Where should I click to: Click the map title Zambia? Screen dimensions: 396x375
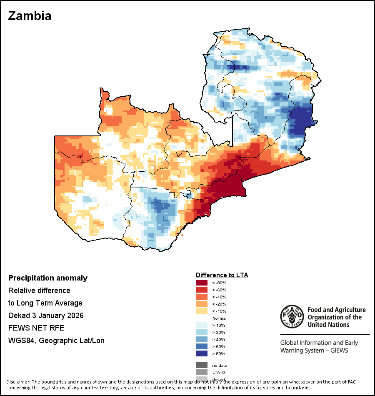click(x=30, y=16)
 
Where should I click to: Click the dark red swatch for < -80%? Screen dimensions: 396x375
click(x=202, y=283)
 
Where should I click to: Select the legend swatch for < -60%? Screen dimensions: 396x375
click(x=202, y=290)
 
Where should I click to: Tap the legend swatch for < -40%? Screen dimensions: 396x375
click(x=202, y=297)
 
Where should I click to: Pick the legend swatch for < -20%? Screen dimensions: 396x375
click(x=202, y=304)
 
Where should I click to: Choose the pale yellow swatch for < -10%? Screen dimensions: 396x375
click(x=202, y=311)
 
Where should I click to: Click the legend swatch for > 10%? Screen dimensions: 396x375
click(x=202, y=325)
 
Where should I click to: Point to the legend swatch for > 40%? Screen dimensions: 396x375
click(x=202, y=339)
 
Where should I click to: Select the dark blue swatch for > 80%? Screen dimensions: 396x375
click(x=202, y=353)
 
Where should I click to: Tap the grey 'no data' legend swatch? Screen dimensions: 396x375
click(x=202, y=365)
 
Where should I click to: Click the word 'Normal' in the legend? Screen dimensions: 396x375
click(x=219, y=318)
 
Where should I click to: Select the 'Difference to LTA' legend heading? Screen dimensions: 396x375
click(x=222, y=275)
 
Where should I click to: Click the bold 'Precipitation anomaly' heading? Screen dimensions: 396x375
click(x=48, y=278)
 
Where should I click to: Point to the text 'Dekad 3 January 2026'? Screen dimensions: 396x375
click(x=46, y=316)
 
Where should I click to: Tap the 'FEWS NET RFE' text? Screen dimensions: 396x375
click(x=36, y=328)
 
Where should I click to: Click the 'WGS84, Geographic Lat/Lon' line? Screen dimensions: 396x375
click(x=56, y=341)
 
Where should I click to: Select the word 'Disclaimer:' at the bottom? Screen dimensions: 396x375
click(x=18, y=382)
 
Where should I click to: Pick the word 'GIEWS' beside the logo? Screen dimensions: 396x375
click(x=338, y=350)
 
